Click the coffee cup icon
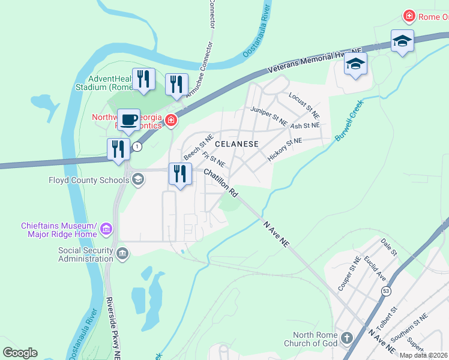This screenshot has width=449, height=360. tap(128, 119)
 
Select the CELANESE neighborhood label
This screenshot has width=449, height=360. tap(237, 144)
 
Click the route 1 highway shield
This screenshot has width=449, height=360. tap(137, 147)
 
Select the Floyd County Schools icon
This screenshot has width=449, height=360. tap(137, 179)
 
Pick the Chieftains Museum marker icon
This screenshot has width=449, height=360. tap(106, 229)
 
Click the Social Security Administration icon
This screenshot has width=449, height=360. tap(122, 253)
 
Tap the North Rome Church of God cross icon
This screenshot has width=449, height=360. tap(346, 338)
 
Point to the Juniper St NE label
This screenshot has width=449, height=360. tap(269, 116)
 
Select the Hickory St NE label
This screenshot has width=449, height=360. tap(285, 149)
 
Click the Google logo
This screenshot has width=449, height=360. tap(20, 353)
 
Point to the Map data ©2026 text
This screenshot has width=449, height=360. tap(423, 355)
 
